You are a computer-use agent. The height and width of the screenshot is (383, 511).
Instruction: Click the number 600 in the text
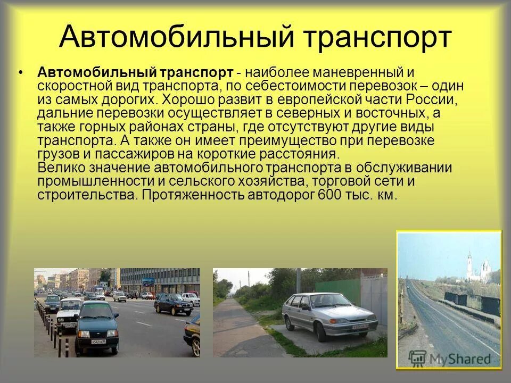pos(328,195)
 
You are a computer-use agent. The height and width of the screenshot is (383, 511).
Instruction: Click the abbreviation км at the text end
pos(388,195)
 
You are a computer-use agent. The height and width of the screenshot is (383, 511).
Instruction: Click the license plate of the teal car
pos(99,341)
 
